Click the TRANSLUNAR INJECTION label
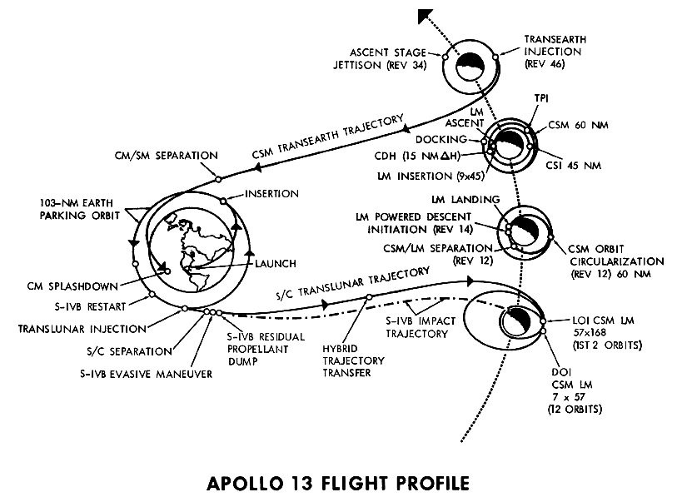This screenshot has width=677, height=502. pyautogui.click(x=82, y=327)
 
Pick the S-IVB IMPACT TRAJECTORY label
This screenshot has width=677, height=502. pyautogui.click(x=417, y=326)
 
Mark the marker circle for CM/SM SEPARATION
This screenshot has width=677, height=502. pyautogui.click(x=217, y=177)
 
